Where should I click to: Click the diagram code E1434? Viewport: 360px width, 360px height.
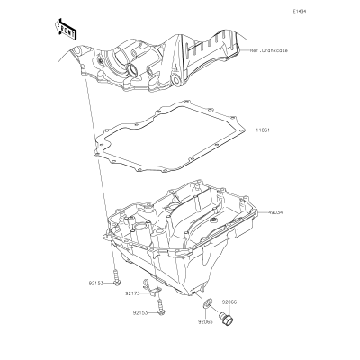click(300, 12)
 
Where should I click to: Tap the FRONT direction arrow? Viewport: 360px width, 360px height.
click(66, 29)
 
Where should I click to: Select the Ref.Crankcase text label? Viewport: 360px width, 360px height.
click(269, 50)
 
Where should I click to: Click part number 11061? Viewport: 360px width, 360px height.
click(263, 130)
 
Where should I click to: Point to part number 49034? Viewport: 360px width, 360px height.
click(275, 212)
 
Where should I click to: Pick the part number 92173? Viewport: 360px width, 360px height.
click(132, 293)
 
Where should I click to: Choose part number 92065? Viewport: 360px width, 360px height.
click(205, 322)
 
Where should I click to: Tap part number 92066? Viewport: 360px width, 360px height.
click(229, 302)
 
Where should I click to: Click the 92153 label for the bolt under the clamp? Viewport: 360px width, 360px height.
click(140, 313)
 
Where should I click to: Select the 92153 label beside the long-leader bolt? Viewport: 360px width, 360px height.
click(96, 283)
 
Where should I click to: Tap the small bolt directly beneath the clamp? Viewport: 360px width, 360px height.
click(161, 307)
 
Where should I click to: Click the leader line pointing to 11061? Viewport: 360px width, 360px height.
click(250, 130)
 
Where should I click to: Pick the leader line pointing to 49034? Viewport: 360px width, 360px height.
click(263, 212)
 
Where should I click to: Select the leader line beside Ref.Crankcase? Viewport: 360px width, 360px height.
click(244, 50)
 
